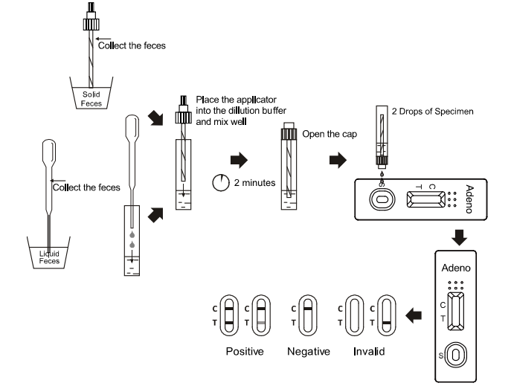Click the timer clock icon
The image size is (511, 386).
click(221, 183)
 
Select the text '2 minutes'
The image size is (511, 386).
click(254, 183)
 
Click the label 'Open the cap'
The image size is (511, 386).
click(330, 134)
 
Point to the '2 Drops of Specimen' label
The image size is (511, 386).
click(432, 112)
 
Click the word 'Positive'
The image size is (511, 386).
click(245, 352)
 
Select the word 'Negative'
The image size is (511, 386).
click(309, 352)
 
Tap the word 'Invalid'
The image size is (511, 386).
click(369, 352)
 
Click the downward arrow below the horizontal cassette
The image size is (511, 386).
click(459, 237)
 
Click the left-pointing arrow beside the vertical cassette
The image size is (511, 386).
click(414, 315)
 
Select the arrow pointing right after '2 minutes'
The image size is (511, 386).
click(240, 160)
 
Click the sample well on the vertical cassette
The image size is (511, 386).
click(456, 355)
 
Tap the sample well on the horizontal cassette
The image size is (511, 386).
click(382, 199)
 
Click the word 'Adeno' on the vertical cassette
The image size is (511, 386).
click(456, 268)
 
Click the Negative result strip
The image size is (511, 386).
click(308, 315)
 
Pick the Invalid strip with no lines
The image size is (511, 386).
click(354, 315)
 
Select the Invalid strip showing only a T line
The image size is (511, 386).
click(387, 315)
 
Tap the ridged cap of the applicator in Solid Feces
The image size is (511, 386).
click(91, 25)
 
